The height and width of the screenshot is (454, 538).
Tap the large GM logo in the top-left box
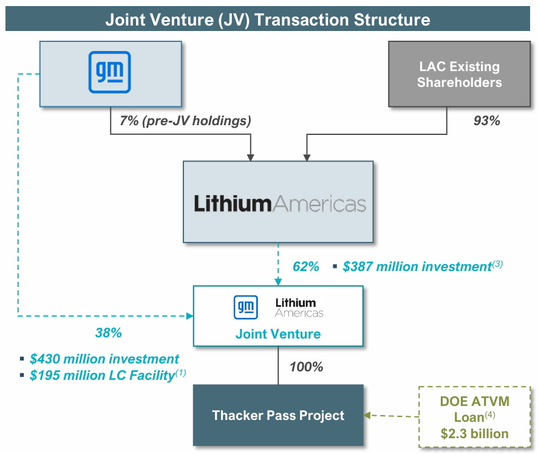110,72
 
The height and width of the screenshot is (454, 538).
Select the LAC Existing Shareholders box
459,74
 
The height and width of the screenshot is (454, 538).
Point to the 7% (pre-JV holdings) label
185,120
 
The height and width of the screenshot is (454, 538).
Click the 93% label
486,120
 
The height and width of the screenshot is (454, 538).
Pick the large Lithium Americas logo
280,204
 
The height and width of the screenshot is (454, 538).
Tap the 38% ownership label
109,332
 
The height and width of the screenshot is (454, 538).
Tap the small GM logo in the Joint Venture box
246,307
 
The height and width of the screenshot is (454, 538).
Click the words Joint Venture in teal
278,334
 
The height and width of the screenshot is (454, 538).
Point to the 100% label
305,366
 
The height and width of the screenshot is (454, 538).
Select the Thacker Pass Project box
278,416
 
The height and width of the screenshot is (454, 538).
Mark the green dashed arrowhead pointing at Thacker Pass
368,416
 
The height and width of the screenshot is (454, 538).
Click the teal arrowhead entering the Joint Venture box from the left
189,316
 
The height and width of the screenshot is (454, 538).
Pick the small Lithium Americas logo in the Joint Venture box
299,307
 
